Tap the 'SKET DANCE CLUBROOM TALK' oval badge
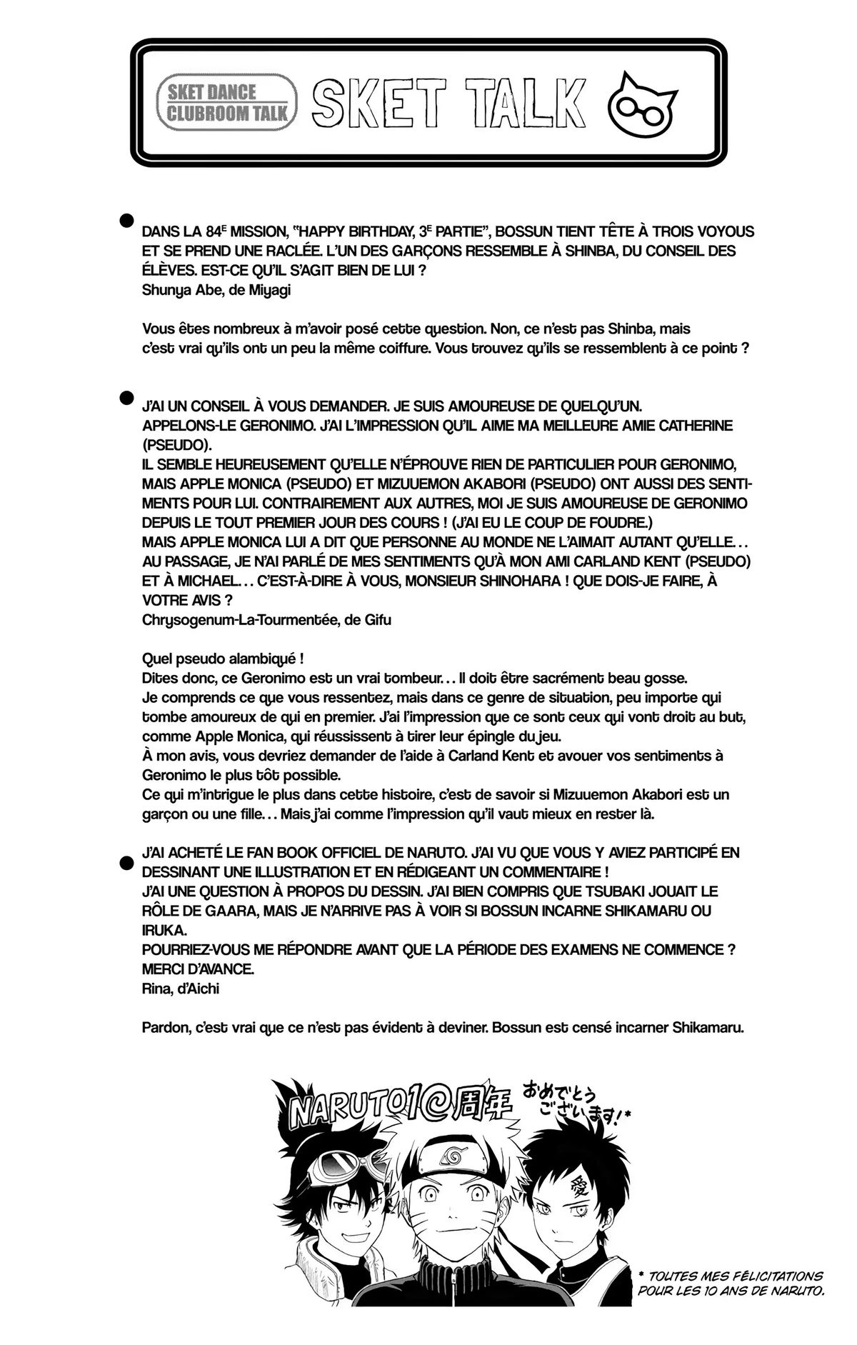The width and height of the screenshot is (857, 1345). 228,102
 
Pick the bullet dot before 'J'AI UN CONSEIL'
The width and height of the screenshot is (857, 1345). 127,396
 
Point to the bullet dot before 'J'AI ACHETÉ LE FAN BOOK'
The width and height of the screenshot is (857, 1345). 127,864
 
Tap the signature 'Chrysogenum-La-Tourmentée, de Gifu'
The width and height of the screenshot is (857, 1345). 266,619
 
